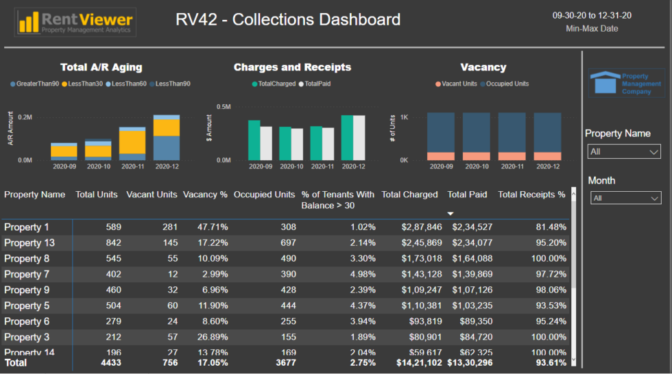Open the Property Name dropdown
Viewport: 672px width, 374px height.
coord(624,151)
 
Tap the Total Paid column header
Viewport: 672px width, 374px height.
coord(467,195)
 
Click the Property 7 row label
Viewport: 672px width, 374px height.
coord(27,275)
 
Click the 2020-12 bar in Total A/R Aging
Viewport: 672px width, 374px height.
coord(167,137)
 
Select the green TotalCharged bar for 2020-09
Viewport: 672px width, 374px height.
coord(254,140)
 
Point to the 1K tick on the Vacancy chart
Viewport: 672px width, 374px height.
coord(405,118)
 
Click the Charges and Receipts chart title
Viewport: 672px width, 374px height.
coord(292,67)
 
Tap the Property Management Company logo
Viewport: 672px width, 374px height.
coord(626,82)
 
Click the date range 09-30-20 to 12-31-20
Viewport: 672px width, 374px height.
coord(592,16)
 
